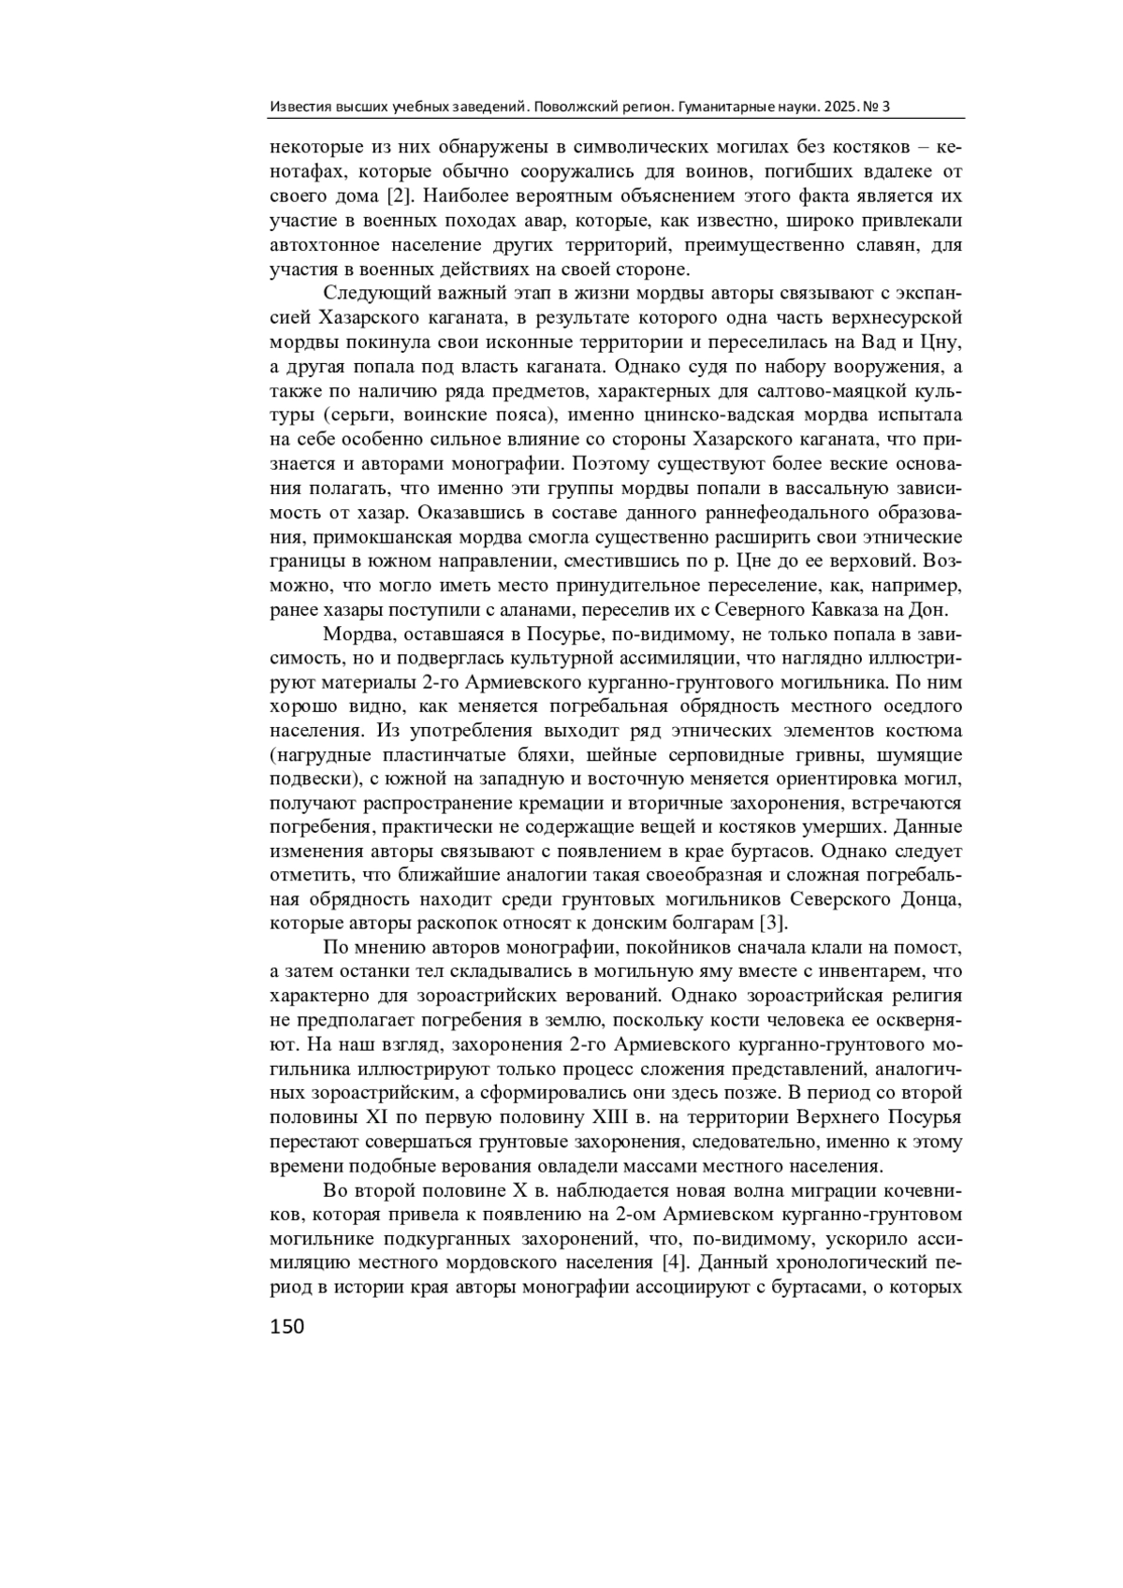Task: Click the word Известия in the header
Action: coord(296,107)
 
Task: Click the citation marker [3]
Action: coord(770,925)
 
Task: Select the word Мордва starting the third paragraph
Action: coord(350,634)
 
